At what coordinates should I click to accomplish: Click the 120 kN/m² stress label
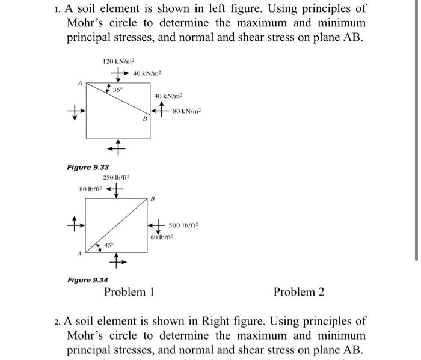coord(118,61)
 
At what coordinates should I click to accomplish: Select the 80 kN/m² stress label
coord(187,111)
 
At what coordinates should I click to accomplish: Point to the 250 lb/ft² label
coord(117,177)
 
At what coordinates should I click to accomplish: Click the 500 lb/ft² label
coord(183,225)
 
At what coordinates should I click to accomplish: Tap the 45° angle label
coord(109,245)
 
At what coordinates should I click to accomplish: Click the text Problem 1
coord(129,293)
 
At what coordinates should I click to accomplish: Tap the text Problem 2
coord(299,293)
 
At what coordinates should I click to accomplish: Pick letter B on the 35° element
coord(144,120)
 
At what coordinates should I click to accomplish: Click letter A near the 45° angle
coord(78,254)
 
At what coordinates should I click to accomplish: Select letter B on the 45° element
coord(153,198)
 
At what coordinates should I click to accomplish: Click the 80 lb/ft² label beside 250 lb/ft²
coord(90,189)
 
